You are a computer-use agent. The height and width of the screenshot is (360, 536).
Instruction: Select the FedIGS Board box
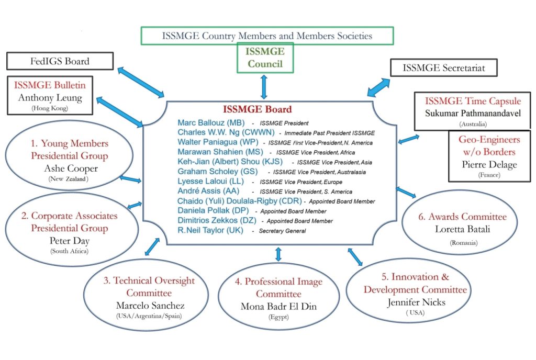pyautogui.click(x=60, y=61)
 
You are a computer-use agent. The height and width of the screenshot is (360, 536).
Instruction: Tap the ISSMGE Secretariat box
pyautogui.click(x=444, y=67)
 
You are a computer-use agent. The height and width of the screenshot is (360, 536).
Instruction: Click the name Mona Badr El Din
pyautogui.click(x=278, y=306)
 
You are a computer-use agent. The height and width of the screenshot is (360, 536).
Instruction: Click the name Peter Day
pyautogui.click(x=69, y=241)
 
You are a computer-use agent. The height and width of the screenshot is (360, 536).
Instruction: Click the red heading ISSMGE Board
pyautogui.click(x=257, y=109)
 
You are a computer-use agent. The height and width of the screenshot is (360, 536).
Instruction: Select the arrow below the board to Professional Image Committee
pyautogui.click(x=278, y=254)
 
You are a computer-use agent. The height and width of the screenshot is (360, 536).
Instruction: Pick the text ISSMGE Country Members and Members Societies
pyautogui.click(x=267, y=36)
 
